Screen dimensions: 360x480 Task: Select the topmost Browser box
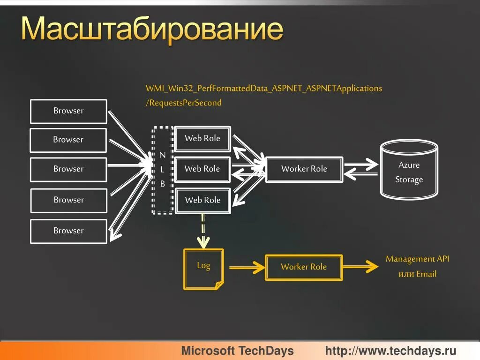click(68, 111)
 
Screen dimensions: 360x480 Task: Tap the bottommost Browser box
click(68, 231)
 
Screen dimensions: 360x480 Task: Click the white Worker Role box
click(304, 169)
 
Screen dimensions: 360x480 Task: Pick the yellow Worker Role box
click(304, 267)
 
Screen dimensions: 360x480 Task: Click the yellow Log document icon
click(203, 269)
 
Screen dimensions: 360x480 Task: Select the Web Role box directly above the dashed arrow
click(202, 200)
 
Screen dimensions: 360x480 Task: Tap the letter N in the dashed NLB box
click(162, 155)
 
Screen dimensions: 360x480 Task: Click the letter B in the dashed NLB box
click(162, 184)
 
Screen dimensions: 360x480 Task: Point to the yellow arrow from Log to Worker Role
click(247, 267)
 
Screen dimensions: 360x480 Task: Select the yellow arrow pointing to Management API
click(360, 267)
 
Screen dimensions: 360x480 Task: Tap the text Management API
click(417, 259)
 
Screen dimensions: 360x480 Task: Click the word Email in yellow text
click(426, 274)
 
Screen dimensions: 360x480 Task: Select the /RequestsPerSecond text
click(184, 103)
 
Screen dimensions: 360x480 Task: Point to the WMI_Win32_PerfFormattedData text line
click(264, 88)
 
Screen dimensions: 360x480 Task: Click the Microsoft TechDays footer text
click(237, 351)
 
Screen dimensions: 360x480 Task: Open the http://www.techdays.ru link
click(390, 351)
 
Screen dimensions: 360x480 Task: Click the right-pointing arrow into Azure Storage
click(361, 165)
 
